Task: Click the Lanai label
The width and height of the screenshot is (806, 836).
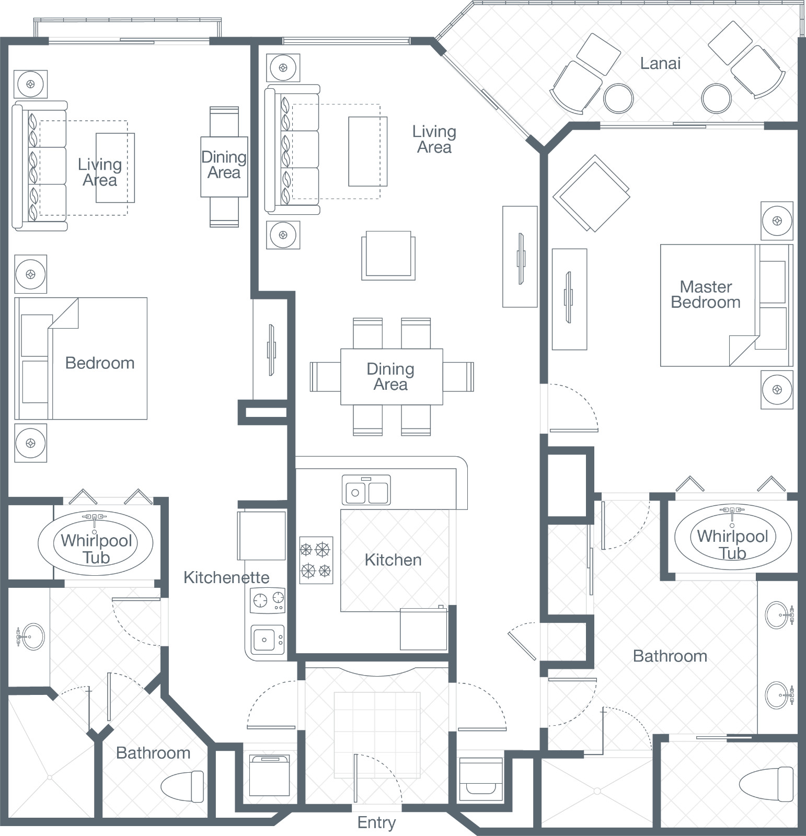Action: click(661, 64)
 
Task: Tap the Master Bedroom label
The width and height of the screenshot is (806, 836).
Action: click(706, 294)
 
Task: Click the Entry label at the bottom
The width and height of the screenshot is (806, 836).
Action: click(376, 822)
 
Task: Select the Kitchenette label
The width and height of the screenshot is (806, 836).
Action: click(226, 577)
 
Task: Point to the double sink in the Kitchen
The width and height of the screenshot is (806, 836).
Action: click(366, 490)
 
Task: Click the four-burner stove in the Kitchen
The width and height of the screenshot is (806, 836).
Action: click(316, 560)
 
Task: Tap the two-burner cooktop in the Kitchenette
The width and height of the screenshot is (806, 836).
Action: click(268, 600)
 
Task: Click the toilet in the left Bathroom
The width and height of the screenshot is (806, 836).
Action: click(182, 784)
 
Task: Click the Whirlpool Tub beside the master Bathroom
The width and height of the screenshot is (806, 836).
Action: click(733, 537)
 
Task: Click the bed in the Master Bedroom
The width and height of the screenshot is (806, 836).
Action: click(727, 305)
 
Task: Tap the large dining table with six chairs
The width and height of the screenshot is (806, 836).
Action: click(392, 377)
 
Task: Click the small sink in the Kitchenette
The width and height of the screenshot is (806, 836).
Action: click(268, 639)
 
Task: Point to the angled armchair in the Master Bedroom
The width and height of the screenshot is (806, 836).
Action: click(592, 193)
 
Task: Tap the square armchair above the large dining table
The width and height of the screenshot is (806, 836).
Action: click(388, 255)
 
